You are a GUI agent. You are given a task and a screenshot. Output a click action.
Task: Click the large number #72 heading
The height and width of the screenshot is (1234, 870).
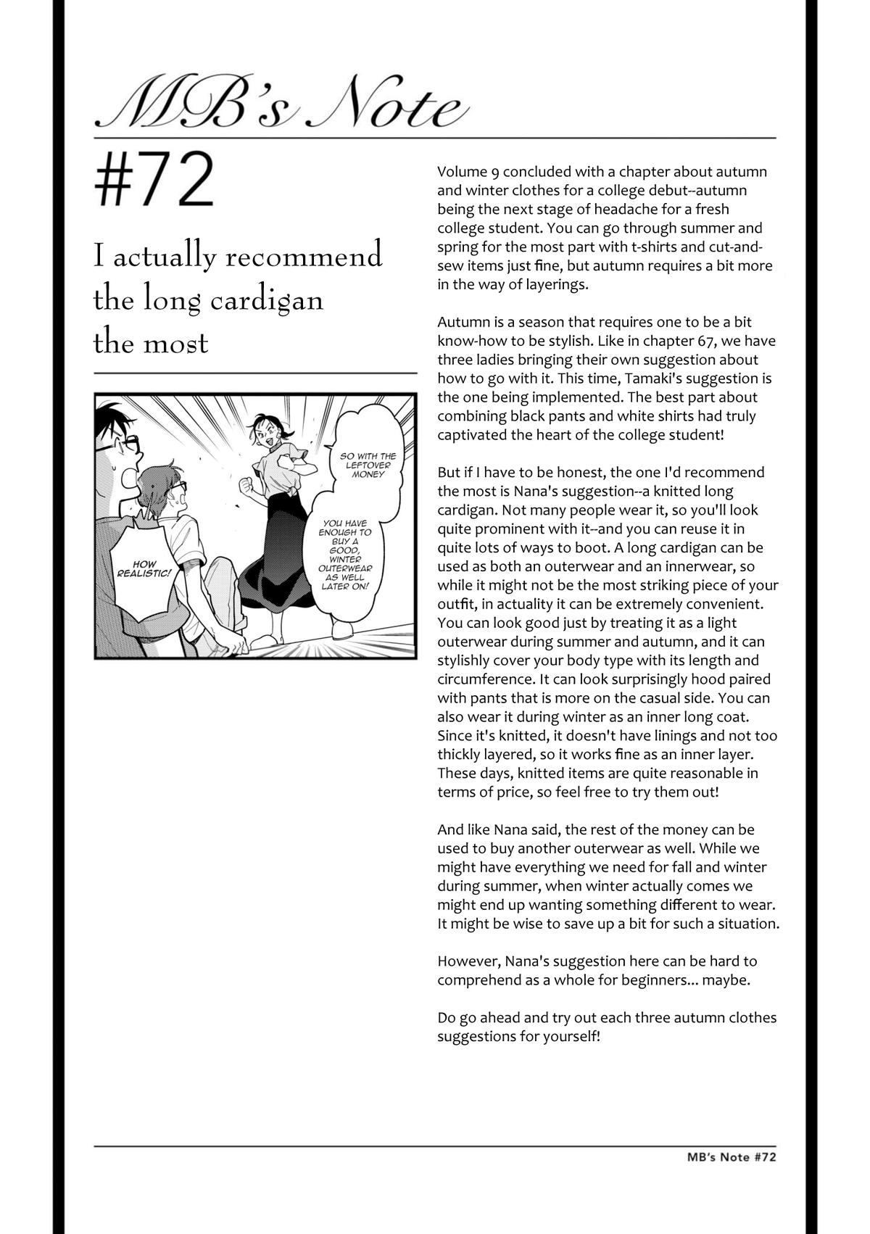pos(154,180)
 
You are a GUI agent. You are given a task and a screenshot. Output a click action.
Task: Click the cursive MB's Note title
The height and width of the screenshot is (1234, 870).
pos(280,106)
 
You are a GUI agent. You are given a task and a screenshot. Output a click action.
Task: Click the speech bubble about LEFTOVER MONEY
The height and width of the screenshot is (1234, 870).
pos(368,464)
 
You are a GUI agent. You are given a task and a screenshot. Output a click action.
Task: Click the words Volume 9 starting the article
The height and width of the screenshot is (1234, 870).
pos(468,172)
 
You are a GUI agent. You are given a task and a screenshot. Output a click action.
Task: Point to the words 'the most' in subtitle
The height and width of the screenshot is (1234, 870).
pos(151,342)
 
